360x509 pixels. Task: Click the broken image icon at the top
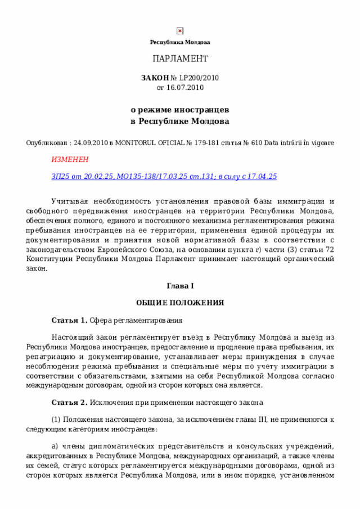point(180,31)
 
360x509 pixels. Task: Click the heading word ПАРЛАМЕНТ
point(180,59)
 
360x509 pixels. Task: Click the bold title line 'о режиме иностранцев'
point(180,109)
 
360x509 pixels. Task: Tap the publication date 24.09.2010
point(91,143)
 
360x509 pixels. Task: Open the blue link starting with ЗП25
point(164,177)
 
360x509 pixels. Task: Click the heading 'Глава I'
point(180,286)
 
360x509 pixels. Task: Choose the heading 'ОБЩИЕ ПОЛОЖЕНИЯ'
point(180,303)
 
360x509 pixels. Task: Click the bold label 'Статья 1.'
point(69,321)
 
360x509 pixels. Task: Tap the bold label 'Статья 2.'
point(69,403)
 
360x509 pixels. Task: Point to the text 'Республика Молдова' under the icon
point(180,43)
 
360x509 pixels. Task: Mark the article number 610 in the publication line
point(256,143)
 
